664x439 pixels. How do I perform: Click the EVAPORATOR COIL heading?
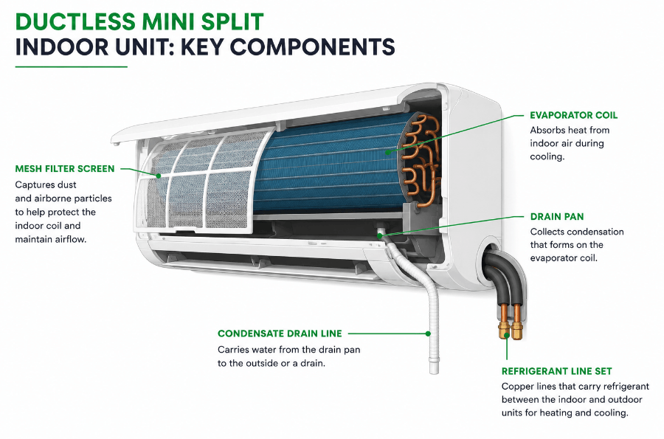coord(573,115)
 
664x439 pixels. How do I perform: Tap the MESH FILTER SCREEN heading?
coord(65,168)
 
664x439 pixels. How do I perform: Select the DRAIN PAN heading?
coord(557,216)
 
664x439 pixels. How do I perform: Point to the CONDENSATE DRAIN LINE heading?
coord(280,333)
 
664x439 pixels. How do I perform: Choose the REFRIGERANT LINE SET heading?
coord(556,371)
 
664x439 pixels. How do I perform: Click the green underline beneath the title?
coord(71,66)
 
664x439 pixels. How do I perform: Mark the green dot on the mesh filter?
coord(158,176)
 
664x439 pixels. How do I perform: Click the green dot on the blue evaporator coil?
coord(387,151)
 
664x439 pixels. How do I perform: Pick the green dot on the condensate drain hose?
coord(428,333)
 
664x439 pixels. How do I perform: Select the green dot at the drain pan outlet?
coord(380,235)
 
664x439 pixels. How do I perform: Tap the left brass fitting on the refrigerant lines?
coord(505,329)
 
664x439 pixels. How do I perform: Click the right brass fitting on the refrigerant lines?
coord(516,330)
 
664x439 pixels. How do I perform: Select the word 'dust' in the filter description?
coord(66,184)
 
